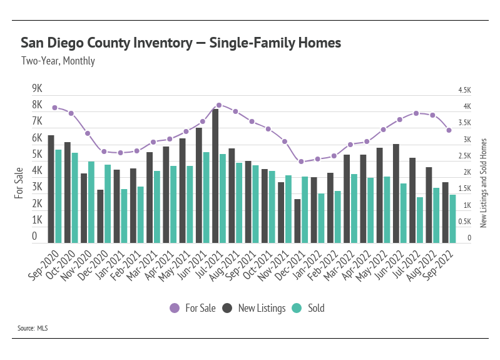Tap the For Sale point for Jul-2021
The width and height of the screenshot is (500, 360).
(x=219, y=105)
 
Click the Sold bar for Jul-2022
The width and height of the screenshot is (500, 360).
(x=420, y=220)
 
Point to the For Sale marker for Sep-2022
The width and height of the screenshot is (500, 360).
(x=449, y=130)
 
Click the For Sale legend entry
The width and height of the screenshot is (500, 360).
(x=193, y=308)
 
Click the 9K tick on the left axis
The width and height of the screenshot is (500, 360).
(x=37, y=88)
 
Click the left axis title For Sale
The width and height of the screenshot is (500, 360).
(x=19, y=183)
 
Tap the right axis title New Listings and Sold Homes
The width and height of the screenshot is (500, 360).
(x=483, y=183)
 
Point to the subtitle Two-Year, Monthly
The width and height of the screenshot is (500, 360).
(x=58, y=61)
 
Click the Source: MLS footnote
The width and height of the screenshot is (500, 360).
(x=33, y=327)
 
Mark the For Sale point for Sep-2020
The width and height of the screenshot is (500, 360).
(x=55, y=108)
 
